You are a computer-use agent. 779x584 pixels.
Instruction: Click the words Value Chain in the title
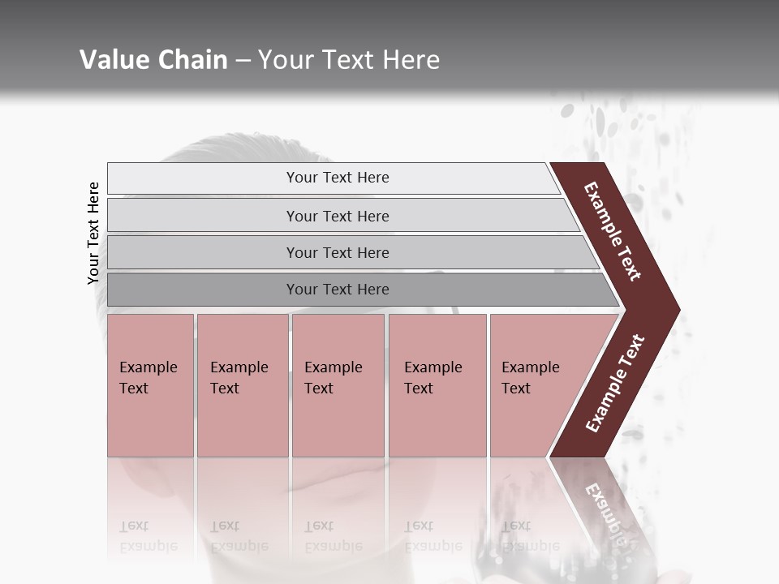[x=153, y=60]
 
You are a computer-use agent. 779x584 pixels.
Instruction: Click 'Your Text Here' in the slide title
[x=349, y=60]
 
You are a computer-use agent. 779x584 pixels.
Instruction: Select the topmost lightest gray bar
[x=203, y=178]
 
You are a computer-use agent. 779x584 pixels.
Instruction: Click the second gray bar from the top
[x=203, y=216]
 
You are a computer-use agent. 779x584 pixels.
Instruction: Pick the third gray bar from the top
[x=203, y=252]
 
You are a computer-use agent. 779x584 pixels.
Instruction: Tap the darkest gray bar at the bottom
[x=203, y=290]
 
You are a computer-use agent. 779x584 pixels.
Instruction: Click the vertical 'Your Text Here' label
[x=93, y=234]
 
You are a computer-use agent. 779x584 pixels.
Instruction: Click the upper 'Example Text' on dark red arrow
[x=613, y=231]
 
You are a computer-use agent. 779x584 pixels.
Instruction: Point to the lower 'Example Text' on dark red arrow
[x=615, y=383]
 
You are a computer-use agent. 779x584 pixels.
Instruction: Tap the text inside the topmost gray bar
[x=338, y=178]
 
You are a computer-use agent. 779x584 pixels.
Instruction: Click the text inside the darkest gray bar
[x=338, y=290]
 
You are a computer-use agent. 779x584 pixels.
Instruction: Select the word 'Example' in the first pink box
[x=148, y=367]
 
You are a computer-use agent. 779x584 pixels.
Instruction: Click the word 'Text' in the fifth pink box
[x=516, y=389]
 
